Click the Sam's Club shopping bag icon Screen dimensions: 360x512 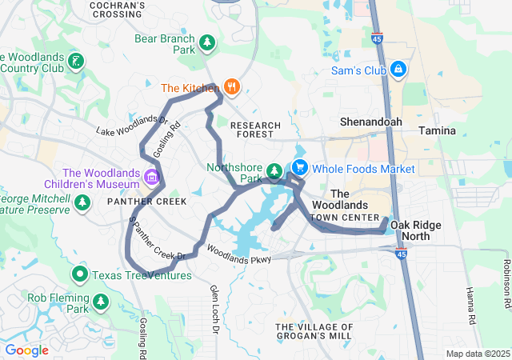click(x=398, y=70)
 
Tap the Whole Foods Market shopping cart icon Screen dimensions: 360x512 click(x=299, y=168)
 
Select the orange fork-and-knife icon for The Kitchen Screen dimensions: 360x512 click(x=232, y=87)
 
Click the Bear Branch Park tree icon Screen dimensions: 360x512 click(x=207, y=42)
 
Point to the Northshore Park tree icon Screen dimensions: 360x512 click(x=274, y=170)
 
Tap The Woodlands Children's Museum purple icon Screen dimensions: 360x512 click(x=151, y=176)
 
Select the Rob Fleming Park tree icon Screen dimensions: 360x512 click(x=101, y=302)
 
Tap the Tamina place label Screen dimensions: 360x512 click(x=437, y=130)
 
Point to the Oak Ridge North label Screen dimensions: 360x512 click(x=415, y=231)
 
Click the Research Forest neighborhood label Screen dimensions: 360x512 click(x=255, y=130)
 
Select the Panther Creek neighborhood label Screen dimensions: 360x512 click(x=142, y=201)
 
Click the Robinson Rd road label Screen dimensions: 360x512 click(x=506, y=284)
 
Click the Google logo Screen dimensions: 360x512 click(x=26, y=350)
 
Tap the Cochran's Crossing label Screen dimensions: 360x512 click(x=118, y=10)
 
